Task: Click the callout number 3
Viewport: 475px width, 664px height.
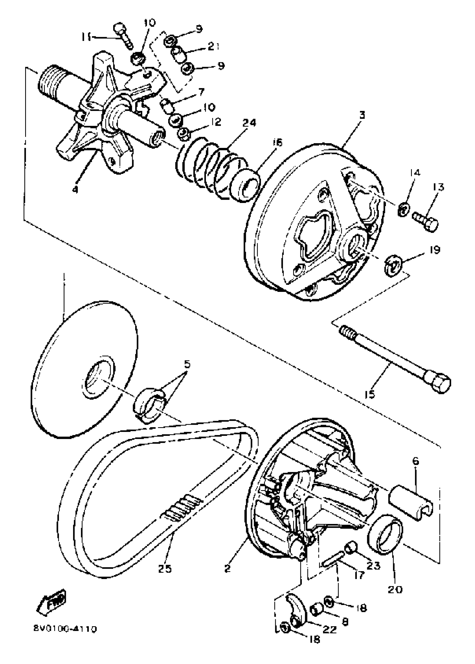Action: [x=362, y=115]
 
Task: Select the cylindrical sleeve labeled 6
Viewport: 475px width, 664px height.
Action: [x=410, y=502]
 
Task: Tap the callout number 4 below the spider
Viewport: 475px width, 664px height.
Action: [x=75, y=190]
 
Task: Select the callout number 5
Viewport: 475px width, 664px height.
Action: [x=187, y=364]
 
